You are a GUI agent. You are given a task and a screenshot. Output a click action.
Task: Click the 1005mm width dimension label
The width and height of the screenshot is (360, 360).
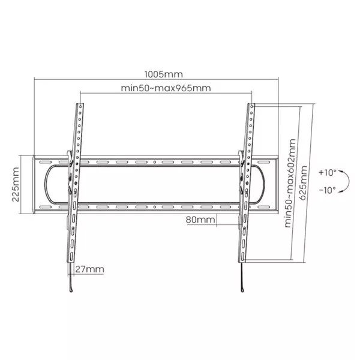click(x=164, y=74)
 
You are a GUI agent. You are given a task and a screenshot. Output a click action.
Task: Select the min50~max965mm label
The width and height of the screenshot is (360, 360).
click(x=166, y=88)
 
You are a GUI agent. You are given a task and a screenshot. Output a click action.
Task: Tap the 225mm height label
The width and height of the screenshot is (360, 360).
click(x=16, y=184)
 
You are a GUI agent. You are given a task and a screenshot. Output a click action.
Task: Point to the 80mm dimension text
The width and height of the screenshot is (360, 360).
click(x=200, y=220)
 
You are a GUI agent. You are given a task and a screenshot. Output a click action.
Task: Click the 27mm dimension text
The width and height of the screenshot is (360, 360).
click(x=89, y=269)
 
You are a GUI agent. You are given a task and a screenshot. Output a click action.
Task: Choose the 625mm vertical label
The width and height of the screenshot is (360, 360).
click(x=303, y=183)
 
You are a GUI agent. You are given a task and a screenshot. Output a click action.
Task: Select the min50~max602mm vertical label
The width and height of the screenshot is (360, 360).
click(x=290, y=183)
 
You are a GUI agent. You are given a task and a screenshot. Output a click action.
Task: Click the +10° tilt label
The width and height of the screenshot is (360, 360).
click(x=328, y=172)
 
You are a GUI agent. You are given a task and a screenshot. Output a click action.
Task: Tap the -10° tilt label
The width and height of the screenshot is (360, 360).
click(x=328, y=190)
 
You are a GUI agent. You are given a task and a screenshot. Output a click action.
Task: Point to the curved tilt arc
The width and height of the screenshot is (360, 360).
click(x=349, y=181)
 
